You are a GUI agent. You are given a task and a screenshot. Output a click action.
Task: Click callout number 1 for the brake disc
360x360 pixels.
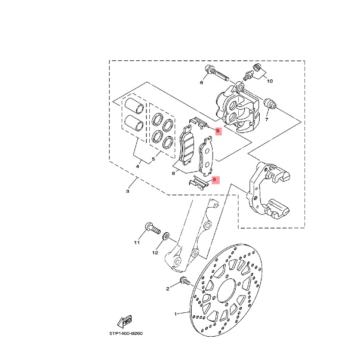(x=176, y=314)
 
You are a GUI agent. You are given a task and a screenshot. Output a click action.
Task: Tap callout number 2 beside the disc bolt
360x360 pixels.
(x=168, y=289)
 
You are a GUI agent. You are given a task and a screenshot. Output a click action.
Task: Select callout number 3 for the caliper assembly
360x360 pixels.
(x=128, y=191)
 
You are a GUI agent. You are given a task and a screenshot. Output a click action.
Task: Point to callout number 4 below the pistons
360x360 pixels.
(x=137, y=166)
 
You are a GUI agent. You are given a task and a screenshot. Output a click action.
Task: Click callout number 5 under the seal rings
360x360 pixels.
(x=153, y=159)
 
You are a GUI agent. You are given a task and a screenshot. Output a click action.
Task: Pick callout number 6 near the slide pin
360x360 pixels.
(x=202, y=82)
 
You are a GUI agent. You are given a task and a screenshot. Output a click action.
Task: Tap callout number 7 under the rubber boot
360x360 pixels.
(x=266, y=119)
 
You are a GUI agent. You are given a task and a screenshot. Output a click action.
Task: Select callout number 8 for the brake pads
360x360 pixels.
(x=173, y=173)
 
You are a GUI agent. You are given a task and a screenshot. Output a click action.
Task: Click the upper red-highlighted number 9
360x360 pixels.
(x=218, y=131)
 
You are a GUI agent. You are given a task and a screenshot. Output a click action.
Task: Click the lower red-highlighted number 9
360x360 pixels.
(x=214, y=180)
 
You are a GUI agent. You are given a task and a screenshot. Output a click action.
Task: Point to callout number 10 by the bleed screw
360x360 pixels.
(x=270, y=81)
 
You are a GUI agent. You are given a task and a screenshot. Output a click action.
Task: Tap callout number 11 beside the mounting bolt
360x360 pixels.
(x=137, y=242)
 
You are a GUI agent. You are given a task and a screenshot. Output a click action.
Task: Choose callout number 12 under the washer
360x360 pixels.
(x=155, y=253)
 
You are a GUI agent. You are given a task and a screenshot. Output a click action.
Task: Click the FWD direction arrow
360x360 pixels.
(x=125, y=322)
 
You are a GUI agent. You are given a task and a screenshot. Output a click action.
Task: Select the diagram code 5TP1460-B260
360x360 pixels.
(x=126, y=333)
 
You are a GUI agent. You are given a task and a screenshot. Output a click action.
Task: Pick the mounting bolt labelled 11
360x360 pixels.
(x=152, y=228)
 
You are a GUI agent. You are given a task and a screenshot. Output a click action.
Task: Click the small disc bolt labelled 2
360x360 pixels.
(x=185, y=281)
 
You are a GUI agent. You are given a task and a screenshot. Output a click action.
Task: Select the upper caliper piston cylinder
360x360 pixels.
(x=134, y=106)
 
